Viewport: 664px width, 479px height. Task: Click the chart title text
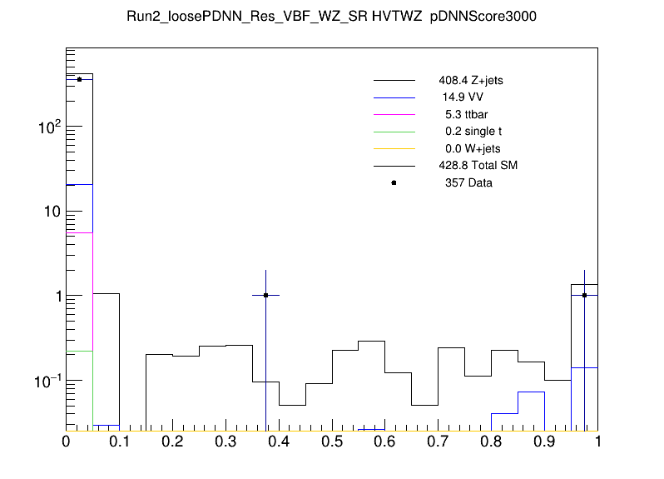[331, 18]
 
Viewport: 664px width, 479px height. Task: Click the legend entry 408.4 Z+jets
[470, 82]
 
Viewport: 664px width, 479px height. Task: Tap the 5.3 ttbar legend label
[466, 115]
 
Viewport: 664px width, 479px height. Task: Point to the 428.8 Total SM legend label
[478, 166]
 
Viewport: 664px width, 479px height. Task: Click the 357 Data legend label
[468, 182]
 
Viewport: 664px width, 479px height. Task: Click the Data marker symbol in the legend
[394, 182]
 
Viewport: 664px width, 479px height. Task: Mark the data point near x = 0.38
[265, 295]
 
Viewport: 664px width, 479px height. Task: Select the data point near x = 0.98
[585, 295]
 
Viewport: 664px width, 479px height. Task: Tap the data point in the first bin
[79, 79]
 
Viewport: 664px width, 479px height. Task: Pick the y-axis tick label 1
[56, 296]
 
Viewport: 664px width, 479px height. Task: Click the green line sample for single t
[394, 132]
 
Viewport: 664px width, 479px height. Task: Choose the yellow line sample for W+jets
[394, 148]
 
